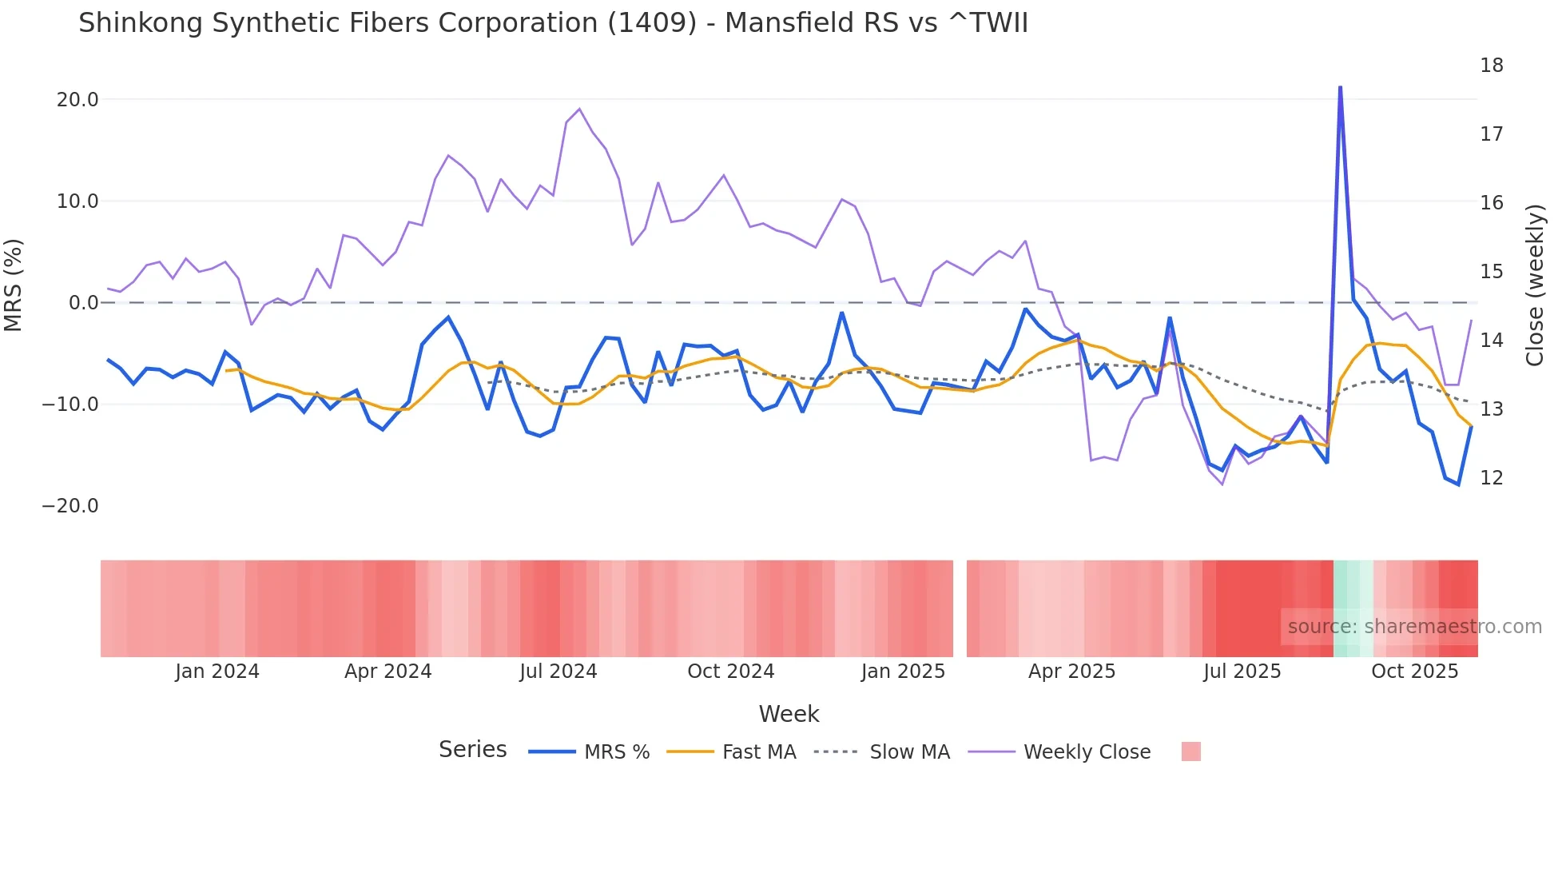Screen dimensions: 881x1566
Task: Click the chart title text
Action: (x=553, y=22)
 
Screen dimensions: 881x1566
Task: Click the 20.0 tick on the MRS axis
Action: (x=78, y=100)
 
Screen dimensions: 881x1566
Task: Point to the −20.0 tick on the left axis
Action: (x=70, y=506)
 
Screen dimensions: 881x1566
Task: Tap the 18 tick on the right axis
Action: (x=1491, y=66)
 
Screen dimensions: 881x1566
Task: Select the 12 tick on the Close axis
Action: (x=1491, y=478)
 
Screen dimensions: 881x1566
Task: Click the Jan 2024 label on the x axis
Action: (x=217, y=672)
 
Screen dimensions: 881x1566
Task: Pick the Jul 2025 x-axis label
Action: (x=1242, y=672)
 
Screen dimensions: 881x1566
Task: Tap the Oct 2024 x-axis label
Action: (x=730, y=672)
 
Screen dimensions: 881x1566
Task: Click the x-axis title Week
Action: (x=789, y=714)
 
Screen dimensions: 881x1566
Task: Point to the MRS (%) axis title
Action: (x=14, y=285)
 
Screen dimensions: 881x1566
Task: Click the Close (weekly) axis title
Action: (x=1534, y=285)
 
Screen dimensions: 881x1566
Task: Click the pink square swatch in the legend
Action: (x=1190, y=751)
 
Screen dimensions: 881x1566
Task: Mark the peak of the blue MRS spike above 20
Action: (x=1340, y=87)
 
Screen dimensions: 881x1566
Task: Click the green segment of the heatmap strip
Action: (x=1352, y=608)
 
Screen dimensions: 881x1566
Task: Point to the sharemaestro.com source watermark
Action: (x=1414, y=627)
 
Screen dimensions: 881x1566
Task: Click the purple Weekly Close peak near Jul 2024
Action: (x=579, y=110)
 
